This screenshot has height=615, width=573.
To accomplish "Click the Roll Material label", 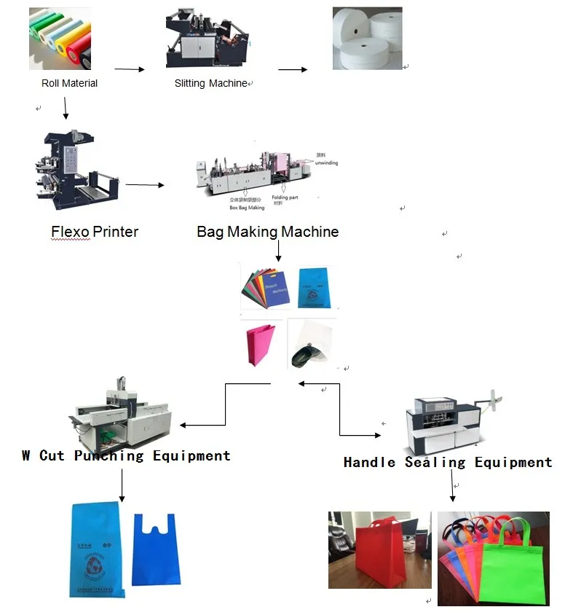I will click(69, 83).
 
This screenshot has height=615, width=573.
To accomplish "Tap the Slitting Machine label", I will click(210, 83).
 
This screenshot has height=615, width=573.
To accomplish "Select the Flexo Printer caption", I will click(95, 232).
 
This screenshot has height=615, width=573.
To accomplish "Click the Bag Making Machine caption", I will click(267, 232).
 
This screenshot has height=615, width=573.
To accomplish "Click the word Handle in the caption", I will click(369, 463).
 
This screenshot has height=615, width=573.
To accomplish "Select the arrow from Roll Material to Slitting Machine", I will click(130, 69).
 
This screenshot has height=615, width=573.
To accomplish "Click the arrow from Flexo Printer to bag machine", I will click(144, 185).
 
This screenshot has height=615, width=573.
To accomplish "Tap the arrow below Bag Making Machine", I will click(278, 251).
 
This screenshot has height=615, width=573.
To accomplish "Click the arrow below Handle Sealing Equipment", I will click(452, 487).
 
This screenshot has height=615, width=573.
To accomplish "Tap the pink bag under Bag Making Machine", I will click(262, 345).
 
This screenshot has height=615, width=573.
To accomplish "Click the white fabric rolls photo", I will click(367, 39).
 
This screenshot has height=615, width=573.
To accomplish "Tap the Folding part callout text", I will click(285, 197).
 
